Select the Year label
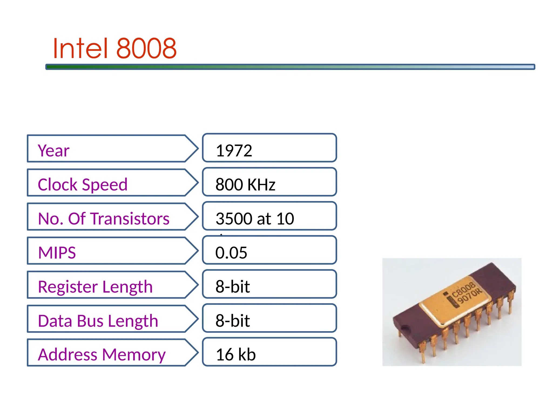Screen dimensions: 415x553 (53, 150)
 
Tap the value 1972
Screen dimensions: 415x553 (234, 150)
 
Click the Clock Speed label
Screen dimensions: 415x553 (82, 185)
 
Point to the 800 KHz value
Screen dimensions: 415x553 (245, 185)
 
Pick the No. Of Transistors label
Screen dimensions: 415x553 (103, 219)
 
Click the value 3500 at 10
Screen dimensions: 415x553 (255, 219)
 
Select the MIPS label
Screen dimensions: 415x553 (57, 253)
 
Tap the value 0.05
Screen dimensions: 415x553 (231, 253)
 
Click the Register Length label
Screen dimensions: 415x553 (95, 287)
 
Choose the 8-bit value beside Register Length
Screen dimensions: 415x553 (232, 287)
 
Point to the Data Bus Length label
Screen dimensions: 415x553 (98, 321)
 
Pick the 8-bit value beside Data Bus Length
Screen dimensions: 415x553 (232, 321)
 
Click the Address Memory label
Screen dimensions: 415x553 (102, 354)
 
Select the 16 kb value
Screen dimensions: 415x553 (235, 354)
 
